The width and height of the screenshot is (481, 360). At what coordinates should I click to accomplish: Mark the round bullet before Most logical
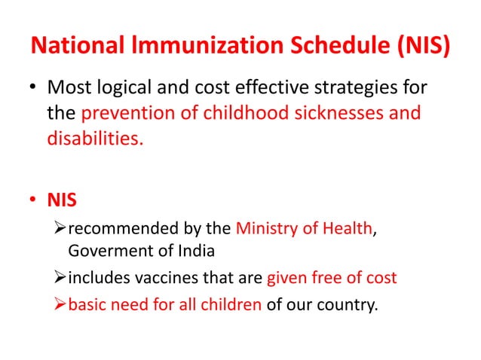32,90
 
